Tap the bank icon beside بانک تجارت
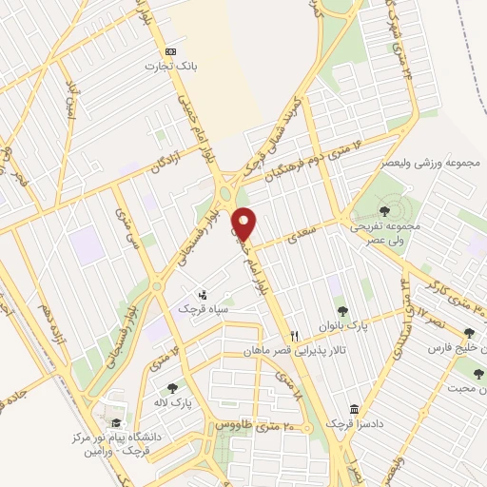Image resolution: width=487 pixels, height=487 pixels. click(170, 50)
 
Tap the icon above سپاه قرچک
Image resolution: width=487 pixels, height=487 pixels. click(202, 294)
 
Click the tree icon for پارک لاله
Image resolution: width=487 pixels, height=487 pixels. click(171, 387)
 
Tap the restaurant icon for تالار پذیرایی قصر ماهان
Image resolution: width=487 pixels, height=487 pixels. click(294, 336)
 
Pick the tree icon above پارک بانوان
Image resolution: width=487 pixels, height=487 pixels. click(341, 310)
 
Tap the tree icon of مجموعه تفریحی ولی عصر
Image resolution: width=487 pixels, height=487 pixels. click(384, 211)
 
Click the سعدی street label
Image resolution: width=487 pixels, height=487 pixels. click(302, 231)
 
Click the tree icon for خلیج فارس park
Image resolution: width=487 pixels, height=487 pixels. click(468, 333)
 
